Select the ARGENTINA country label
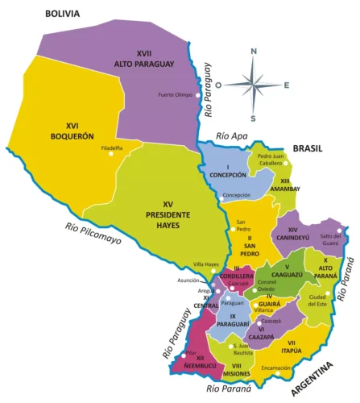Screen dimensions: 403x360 311,380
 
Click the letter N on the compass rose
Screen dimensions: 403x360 254,51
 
